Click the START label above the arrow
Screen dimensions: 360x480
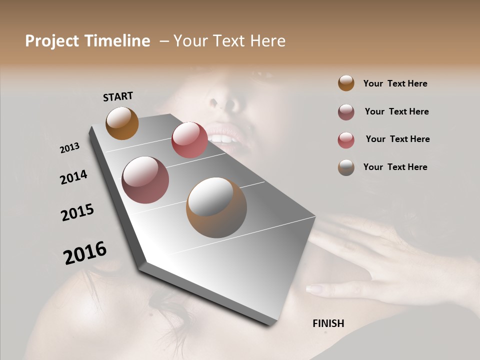pyautogui.click(x=118, y=96)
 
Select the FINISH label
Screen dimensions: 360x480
pyautogui.click(x=328, y=323)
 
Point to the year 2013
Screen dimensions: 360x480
pyautogui.click(x=69, y=148)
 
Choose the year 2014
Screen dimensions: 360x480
pyautogui.click(x=73, y=177)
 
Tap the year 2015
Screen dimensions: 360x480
pyautogui.click(x=77, y=212)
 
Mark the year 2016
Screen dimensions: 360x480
pyautogui.click(x=84, y=253)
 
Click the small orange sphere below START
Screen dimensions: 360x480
pyautogui.click(x=122, y=123)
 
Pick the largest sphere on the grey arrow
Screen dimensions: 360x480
pyautogui.click(x=216, y=207)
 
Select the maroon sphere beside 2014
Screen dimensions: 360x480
pyautogui.click(x=145, y=180)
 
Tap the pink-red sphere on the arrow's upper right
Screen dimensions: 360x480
pyautogui.click(x=189, y=140)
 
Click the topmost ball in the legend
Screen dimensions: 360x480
pyautogui.click(x=346, y=83)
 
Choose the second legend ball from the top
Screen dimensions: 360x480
pyautogui.click(x=346, y=112)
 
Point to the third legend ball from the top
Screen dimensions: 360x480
pyautogui.click(x=346, y=140)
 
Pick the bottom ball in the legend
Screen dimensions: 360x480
pyautogui.click(x=346, y=167)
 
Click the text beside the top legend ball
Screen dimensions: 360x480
pyautogui.click(x=395, y=84)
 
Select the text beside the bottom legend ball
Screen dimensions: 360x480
pyautogui.click(x=395, y=167)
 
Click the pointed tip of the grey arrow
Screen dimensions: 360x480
pyautogui.click(x=270, y=324)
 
